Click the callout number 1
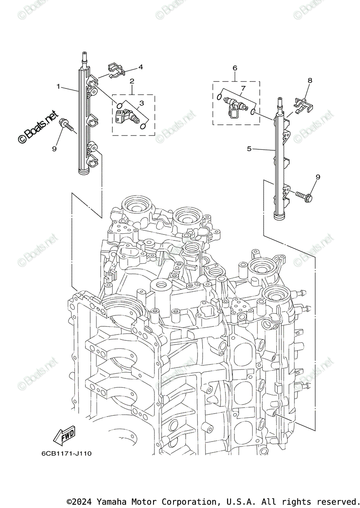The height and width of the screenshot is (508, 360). [x=59, y=86]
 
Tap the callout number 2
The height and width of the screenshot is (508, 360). [x=132, y=81]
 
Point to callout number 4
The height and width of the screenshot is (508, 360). [x=140, y=67]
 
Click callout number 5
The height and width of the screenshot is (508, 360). [x=249, y=149]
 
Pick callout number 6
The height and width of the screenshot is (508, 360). [x=235, y=68]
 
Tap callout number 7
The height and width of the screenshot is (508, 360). [x=243, y=88]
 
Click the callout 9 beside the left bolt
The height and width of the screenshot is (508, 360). [x=54, y=148]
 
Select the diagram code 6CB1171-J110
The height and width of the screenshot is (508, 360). [x=66, y=453]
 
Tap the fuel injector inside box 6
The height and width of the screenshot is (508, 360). [x=235, y=104]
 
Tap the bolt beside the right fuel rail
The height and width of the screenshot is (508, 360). [x=303, y=196]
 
